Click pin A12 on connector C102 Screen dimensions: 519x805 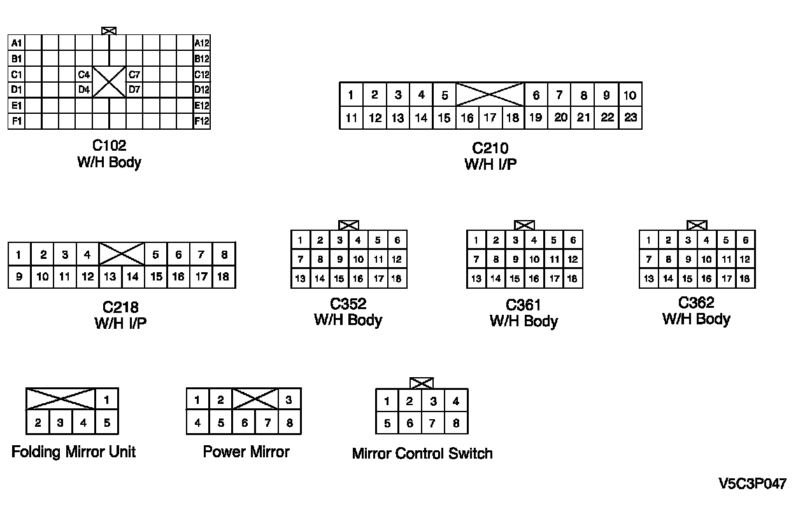[x=202, y=43]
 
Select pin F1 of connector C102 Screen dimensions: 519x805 [x=17, y=121]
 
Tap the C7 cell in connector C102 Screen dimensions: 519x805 [x=134, y=74]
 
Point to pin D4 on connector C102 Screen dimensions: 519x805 [x=84, y=90]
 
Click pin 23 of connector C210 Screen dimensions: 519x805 [x=630, y=117]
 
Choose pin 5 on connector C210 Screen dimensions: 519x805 [x=445, y=95]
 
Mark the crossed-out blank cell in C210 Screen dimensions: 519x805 [x=490, y=94]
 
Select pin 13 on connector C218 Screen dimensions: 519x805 [x=110, y=277]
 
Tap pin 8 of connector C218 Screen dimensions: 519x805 [x=224, y=255]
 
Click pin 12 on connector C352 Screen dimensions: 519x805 [x=396, y=259]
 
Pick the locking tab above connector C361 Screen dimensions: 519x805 [x=524, y=225]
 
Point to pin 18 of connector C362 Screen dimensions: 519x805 [x=744, y=279]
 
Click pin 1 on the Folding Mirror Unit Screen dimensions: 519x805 [x=107, y=400]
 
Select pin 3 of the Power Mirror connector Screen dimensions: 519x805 [x=289, y=400]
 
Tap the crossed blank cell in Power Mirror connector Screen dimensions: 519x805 [x=255, y=399]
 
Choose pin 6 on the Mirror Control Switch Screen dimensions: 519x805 [x=410, y=423]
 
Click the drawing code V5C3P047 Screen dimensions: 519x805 [x=752, y=484]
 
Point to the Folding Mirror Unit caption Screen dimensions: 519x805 [x=74, y=452]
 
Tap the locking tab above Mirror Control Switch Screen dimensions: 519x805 [x=422, y=383]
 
